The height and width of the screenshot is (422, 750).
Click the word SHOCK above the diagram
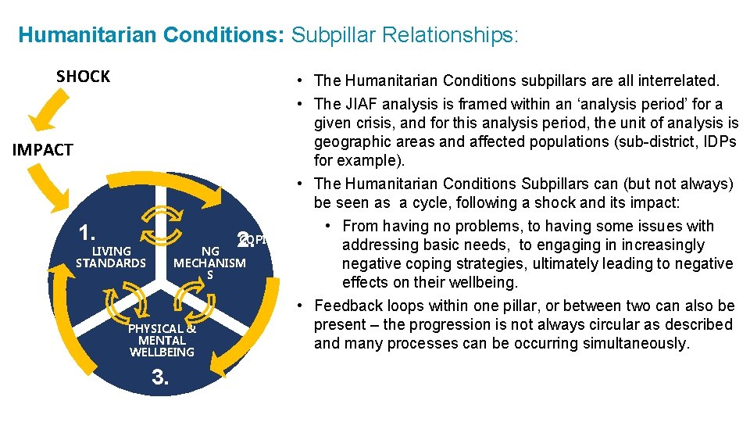pyautogui.click(x=83, y=77)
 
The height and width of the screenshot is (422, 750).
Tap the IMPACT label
pyautogui.click(x=43, y=150)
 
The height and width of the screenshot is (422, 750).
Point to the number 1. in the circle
pyautogui.click(x=87, y=233)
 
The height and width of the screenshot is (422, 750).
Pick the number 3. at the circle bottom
pyautogui.click(x=160, y=378)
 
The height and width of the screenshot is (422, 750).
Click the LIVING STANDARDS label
pyautogui.click(x=111, y=257)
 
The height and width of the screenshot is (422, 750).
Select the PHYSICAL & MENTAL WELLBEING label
pyautogui.click(x=162, y=340)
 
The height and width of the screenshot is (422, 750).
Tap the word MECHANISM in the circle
pyautogui.click(x=209, y=263)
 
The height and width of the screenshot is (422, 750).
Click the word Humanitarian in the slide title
pyautogui.click(x=72, y=35)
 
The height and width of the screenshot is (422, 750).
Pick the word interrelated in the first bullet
pyautogui.click(x=677, y=80)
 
